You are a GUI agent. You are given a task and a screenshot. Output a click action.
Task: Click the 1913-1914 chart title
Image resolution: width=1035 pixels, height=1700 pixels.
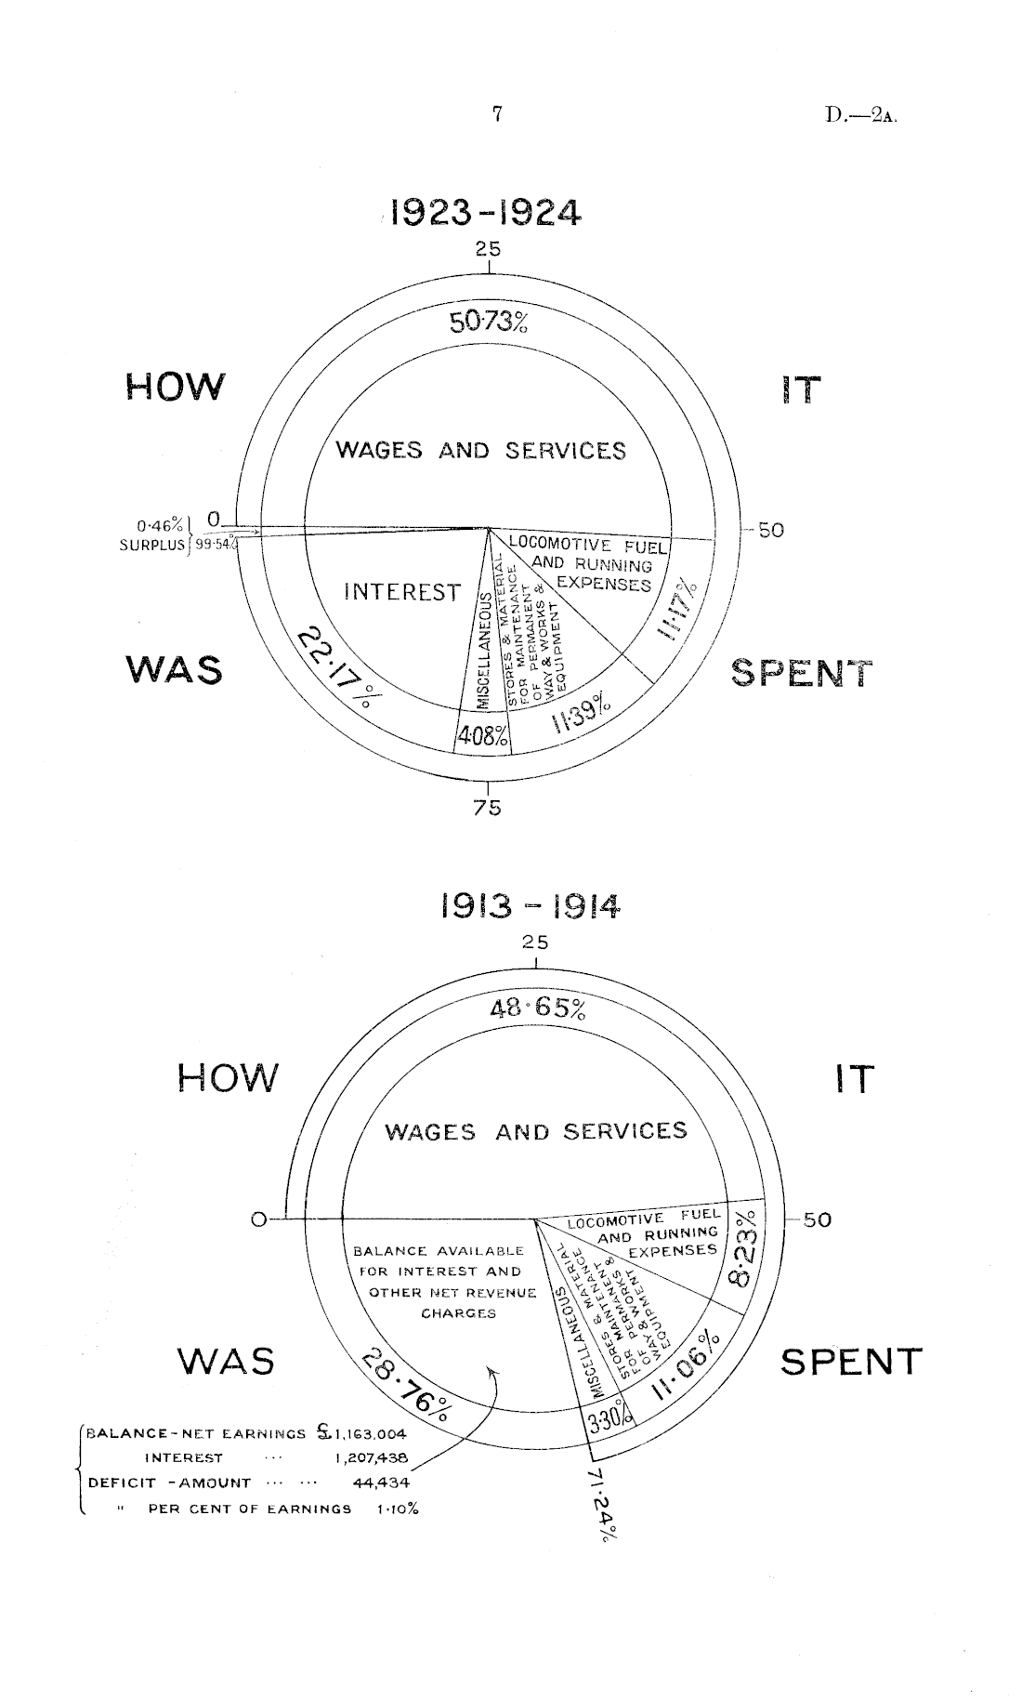pos(529,905)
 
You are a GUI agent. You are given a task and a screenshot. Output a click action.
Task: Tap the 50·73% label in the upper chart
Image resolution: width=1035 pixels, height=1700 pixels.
pos(489,323)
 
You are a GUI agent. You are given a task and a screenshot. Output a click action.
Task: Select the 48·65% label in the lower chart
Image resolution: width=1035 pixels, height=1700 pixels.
pos(538,1008)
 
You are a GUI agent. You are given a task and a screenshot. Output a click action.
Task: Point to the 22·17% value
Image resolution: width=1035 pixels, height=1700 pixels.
pos(334,667)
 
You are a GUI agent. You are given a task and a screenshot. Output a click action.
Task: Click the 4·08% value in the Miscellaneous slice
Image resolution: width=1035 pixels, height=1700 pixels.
pos(482,737)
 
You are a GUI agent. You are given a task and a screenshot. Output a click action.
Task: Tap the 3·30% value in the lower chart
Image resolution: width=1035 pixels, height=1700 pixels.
pos(610,1421)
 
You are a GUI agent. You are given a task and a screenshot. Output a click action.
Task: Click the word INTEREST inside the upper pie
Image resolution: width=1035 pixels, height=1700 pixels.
pos(402,592)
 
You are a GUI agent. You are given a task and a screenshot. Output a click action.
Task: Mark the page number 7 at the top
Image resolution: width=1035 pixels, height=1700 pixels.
pos(497,114)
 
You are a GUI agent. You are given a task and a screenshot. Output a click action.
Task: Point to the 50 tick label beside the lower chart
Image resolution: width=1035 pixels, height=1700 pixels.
pos(817,1219)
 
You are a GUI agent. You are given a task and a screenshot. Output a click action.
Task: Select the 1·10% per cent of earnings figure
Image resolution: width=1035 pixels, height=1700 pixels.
pos(397,1509)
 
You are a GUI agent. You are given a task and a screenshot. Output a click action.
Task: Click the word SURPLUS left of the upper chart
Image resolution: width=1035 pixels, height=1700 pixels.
pos(152,546)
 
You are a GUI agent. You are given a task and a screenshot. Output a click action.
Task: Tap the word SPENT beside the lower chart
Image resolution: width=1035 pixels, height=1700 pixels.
pos(850,1362)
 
